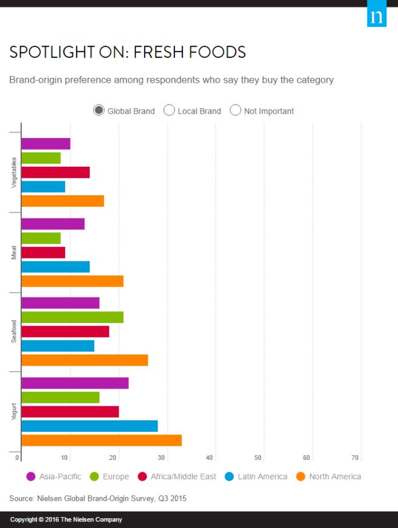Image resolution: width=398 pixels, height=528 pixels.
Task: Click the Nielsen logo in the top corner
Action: click(377, 16)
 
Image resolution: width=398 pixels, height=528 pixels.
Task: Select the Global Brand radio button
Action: click(98, 110)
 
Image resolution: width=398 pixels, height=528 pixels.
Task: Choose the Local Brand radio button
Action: click(169, 110)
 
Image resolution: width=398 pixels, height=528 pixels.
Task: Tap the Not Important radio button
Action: click(235, 110)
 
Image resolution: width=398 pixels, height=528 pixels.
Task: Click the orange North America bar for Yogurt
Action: click(101, 440)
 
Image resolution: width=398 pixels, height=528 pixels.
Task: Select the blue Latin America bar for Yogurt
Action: click(89, 426)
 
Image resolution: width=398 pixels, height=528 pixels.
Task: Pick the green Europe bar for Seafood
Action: click(72, 317)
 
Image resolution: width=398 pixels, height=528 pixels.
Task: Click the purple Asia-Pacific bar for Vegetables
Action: click(46, 144)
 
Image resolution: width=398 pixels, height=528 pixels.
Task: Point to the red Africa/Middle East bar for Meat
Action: click(43, 252)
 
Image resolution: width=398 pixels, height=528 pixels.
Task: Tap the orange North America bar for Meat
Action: click(72, 281)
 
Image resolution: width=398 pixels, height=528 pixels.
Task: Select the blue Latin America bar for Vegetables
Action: click(43, 187)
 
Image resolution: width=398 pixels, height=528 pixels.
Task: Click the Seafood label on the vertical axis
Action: click(14, 332)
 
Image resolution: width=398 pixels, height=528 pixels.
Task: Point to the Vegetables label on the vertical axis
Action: click(14, 172)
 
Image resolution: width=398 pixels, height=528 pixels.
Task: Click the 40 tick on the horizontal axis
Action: click(210, 457)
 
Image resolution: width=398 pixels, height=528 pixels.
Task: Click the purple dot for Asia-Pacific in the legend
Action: click(31, 476)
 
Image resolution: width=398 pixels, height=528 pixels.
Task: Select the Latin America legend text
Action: click(262, 476)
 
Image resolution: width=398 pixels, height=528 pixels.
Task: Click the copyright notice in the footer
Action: click(66, 519)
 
